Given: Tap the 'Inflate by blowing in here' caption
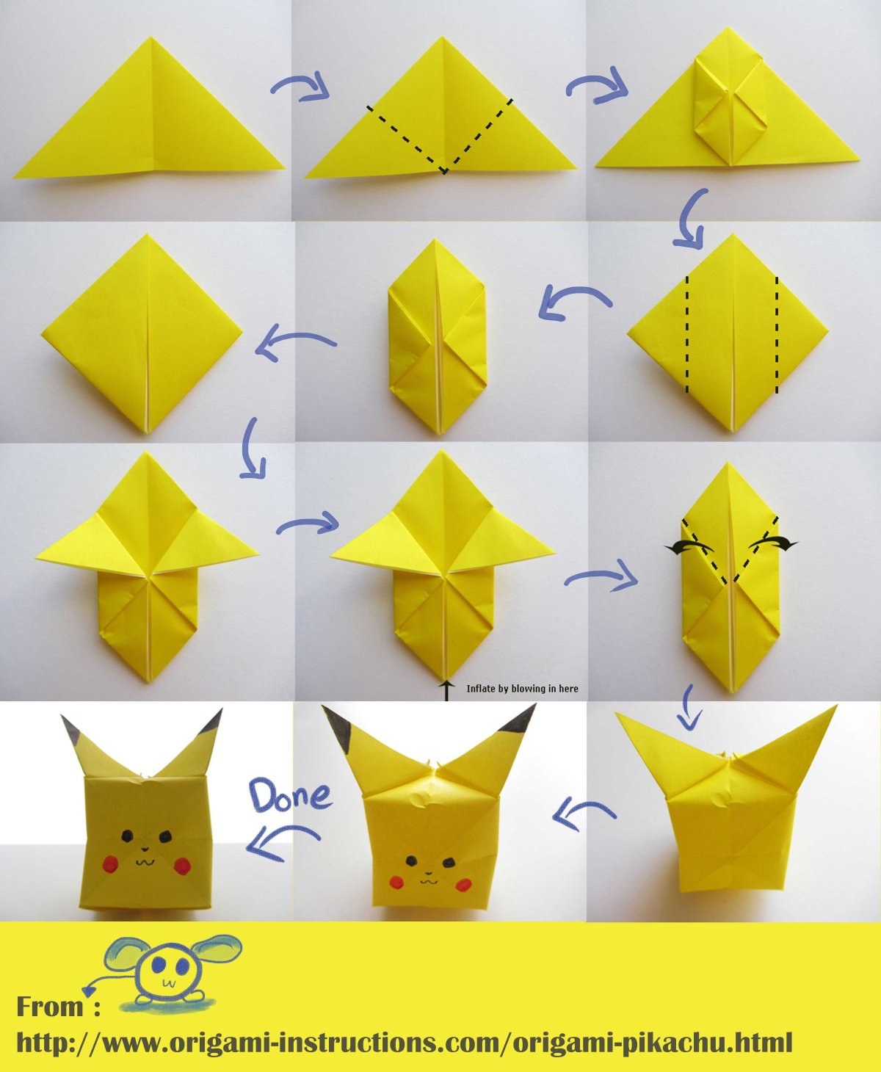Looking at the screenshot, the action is (x=522, y=689).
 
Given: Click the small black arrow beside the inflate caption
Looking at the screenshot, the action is (x=447, y=691).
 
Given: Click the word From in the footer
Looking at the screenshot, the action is (x=50, y=1006).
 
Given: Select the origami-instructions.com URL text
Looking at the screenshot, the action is (x=404, y=1040).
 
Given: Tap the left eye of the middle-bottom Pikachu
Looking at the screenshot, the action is (x=411, y=860).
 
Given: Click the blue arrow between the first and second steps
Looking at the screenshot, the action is (x=300, y=86).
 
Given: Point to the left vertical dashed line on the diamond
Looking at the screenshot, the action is (x=686, y=335).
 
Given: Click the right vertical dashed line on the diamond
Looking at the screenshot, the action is (x=776, y=335).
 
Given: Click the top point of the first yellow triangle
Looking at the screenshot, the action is (x=150, y=37).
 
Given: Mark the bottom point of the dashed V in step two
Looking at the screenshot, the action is (x=445, y=172).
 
